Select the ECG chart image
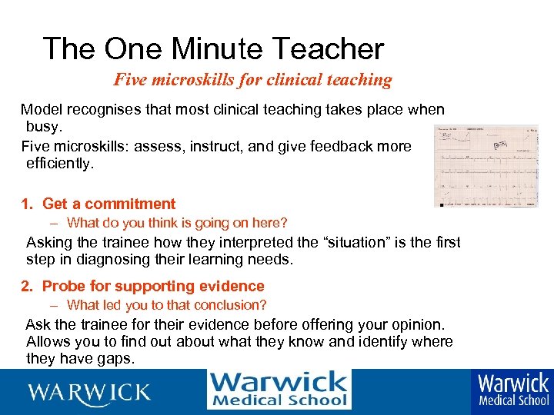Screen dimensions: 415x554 pyautogui.click(x=486, y=166)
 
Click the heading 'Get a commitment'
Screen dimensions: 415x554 pyautogui.click(x=108, y=204)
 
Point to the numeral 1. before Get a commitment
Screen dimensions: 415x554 pyautogui.click(x=27, y=204)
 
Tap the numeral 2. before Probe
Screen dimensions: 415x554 pyautogui.click(x=27, y=286)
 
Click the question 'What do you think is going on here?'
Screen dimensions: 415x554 pyautogui.click(x=177, y=223)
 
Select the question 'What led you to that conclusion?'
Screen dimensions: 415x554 pyautogui.click(x=167, y=305)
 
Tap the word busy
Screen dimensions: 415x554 pyautogui.click(x=42, y=126)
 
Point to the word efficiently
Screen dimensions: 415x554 pyautogui.click(x=59, y=163)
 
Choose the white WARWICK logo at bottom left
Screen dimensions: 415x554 pyautogui.click(x=89, y=392)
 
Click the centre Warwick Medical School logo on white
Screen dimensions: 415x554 pyautogui.click(x=279, y=390)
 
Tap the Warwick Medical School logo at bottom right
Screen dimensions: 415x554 pyautogui.click(x=513, y=390)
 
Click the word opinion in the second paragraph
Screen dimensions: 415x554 pyautogui.click(x=417, y=324)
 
